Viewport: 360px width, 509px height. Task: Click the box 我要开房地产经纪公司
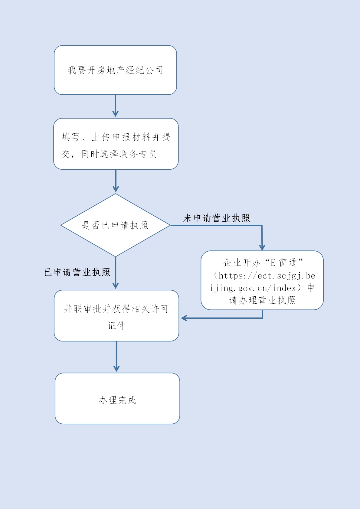coord(115,70)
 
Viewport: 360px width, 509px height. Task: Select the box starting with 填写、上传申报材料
coord(116,144)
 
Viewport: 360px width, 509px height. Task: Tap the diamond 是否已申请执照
coord(115,225)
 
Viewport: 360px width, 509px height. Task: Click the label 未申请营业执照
coord(217,218)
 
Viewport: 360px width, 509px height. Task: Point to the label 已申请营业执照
coord(77,272)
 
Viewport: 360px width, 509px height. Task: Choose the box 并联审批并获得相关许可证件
coord(116,316)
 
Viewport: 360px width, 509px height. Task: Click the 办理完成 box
coord(117,399)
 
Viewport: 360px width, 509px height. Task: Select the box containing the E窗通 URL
coord(262,280)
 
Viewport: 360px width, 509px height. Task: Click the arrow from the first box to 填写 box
coord(115,106)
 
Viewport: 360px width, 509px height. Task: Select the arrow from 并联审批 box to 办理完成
coord(116,357)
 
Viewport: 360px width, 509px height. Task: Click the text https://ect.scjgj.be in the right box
coord(267,276)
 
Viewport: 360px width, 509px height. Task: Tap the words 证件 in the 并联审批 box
coord(116,326)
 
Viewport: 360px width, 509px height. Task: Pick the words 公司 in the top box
coord(155,70)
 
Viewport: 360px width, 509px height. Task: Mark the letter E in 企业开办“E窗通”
coord(273,263)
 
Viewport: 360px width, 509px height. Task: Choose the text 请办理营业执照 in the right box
coord(262,300)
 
